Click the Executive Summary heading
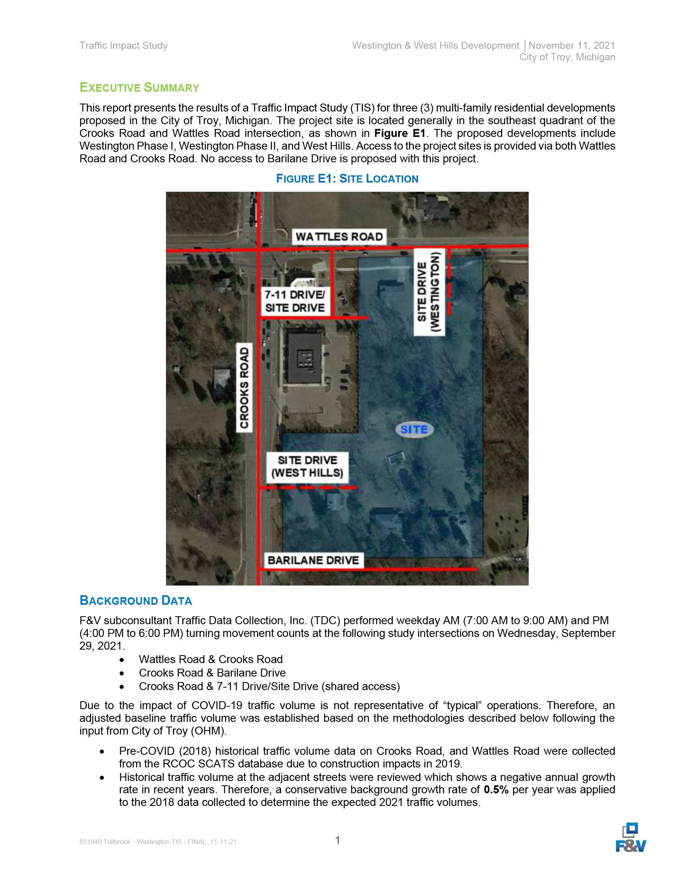139,88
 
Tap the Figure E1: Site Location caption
347,179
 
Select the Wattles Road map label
339,237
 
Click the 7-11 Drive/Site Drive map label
295,302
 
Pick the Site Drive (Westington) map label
429,291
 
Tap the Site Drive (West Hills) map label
307,467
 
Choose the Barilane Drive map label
313,560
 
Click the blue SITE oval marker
414,429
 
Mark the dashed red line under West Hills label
308,488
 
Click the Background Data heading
135,600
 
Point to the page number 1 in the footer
337,840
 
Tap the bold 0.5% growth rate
496,789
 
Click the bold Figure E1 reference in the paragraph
399,133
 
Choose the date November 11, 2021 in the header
571,46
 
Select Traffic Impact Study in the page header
123,46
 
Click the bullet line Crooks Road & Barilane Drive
212,673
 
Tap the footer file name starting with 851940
158,842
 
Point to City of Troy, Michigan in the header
567,57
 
